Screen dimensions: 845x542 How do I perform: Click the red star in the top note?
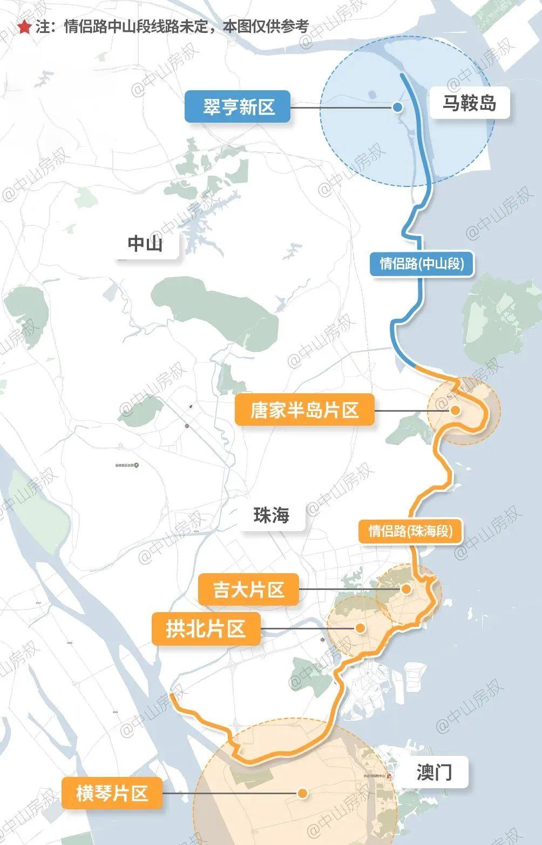[x=24, y=27]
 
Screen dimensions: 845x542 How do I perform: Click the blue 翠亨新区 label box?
[x=238, y=106]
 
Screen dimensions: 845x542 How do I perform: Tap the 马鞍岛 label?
[x=469, y=102]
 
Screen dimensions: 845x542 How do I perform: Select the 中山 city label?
[x=145, y=244]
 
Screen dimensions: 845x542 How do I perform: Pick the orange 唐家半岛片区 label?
[x=304, y=410]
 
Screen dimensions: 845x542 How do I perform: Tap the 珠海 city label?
[x=272, y=515]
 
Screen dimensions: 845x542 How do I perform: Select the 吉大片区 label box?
[x=249, y=589]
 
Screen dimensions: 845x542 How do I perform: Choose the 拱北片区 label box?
[x=206, y=629]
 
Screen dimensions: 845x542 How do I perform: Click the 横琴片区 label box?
[x=112, y=793]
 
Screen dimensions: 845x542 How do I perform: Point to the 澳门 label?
[x=434, y=773]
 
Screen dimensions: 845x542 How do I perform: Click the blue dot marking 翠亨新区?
[x=397, y=107]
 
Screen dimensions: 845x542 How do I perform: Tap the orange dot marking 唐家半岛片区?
[x=455, y=411]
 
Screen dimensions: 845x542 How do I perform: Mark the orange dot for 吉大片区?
[x=406, y=589]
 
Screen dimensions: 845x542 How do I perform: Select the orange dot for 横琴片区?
[x=303, y=793]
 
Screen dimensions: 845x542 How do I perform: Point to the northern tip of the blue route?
[x=402, y=75]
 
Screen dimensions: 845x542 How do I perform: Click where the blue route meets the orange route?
[x=416, y=367]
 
